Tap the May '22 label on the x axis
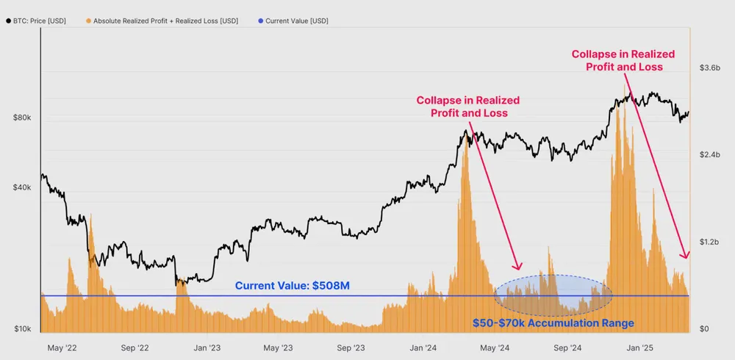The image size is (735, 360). click(x=62, y=348)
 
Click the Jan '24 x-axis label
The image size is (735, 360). click(x=424, y=348)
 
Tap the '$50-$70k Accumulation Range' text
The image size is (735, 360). click(x=552, y=323)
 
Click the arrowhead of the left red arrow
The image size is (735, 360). click(x=519, y=267)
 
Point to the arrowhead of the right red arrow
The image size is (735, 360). click(x=686, y=256)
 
